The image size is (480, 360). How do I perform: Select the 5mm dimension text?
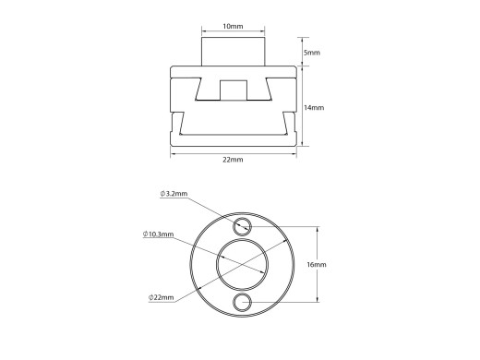(312, 53)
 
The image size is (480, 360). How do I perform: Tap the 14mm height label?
(314, 107)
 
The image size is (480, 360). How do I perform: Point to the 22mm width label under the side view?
(234, 161)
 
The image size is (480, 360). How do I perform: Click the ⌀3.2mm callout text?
(174, 194)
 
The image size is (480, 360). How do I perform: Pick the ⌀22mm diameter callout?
(162, 296)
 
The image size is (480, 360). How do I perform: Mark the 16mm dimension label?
(317, 265)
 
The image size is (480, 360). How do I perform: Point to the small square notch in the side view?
(234, 90)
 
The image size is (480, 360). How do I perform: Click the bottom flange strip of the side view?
(234, 139)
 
